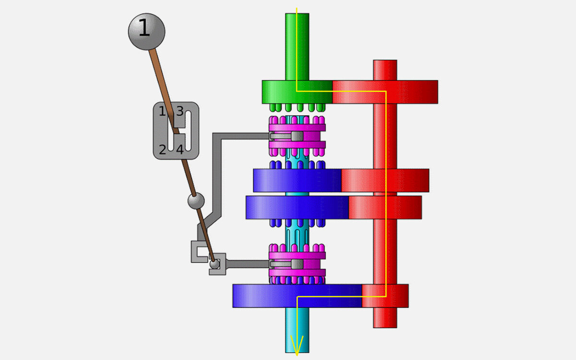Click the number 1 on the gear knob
click(144, 27)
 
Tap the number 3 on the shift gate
click(180, 111)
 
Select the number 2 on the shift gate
click(163, 150)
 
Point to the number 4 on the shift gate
click(180, 150)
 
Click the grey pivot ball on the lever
click(196, 201)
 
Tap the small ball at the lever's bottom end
click(215, 264)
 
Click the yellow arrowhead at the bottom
click(297, 345)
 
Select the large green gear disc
click(297, 92)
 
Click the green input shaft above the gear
click(297, 47)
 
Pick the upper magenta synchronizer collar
click(297, 136)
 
